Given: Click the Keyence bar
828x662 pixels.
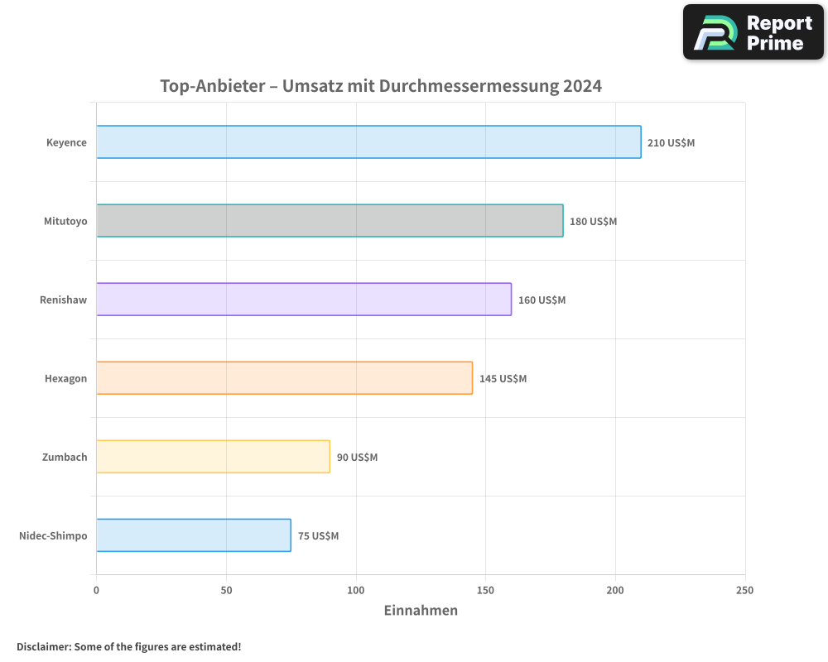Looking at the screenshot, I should (x=368, y=142).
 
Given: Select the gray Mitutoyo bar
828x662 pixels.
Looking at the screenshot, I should (x=330, y=221).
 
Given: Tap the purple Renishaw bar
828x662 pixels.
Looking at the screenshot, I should (x=304, y=300).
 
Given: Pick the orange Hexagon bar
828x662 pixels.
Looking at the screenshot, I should (x=284, y=378).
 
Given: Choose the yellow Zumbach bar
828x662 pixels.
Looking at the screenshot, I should (x=213, y=457).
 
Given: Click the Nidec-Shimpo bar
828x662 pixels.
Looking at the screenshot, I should (x=194, y=535).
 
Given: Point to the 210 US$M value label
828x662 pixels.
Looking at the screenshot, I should (x=671, y=143).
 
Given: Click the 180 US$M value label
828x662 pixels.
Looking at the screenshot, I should (x=593, y=222).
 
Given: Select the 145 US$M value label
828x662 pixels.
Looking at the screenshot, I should (x=503, y=379).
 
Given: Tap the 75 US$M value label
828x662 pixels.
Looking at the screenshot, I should (x=318, y=536).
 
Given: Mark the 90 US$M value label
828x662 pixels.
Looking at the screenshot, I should (x=357, y=458).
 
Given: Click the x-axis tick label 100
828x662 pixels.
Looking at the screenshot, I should (x=356, y=590).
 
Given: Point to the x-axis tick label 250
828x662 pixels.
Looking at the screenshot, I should (x=745, y=590).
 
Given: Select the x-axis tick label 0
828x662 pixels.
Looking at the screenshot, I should (x=96, y=590).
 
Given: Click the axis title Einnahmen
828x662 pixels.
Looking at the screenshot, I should (x=421, y=611).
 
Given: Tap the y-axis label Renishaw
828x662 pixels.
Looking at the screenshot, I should (x=63, y=300).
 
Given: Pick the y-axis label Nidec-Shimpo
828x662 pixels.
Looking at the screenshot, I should (x=53, y=535).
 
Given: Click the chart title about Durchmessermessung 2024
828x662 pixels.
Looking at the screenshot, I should (x=381, y=86).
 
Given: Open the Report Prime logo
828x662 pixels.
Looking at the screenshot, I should (x=753, y=32).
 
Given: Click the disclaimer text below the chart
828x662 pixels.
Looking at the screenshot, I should (x=129, y=646).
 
